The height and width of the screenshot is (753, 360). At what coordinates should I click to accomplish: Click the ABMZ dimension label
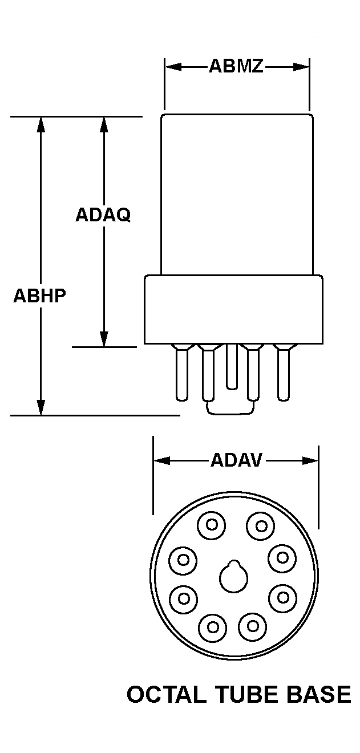(x=236, y=67)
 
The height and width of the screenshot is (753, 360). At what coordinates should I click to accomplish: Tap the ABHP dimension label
(x=40, y=296)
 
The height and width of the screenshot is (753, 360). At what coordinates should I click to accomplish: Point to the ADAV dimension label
(x=236, y=460)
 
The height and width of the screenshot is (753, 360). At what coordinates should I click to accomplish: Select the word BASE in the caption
(x=321, y=694)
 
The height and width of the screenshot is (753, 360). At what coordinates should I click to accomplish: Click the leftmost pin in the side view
(x=181, y=373)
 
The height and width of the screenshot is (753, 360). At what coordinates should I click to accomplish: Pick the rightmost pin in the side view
(x=282, y=373)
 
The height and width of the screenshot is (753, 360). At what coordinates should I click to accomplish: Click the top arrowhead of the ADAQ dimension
(x=104, y=124)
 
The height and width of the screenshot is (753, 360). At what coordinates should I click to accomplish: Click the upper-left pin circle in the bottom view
(x=212, y=525)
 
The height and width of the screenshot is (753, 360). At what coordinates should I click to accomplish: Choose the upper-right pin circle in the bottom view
(x=260, y=525)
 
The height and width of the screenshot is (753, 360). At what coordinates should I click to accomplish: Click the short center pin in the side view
(x=232, y=368)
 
